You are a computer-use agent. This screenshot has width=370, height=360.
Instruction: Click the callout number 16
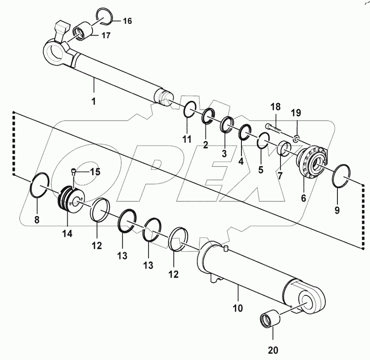(126, 20)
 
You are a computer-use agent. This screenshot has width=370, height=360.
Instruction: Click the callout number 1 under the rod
(92, 102)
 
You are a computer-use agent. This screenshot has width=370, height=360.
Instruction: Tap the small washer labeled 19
(296, 139)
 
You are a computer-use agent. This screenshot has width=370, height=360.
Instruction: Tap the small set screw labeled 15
(75, 172)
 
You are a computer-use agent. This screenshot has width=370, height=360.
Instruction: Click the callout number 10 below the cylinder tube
(237, 308)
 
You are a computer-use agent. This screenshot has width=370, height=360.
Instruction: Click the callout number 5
(261, 170)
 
